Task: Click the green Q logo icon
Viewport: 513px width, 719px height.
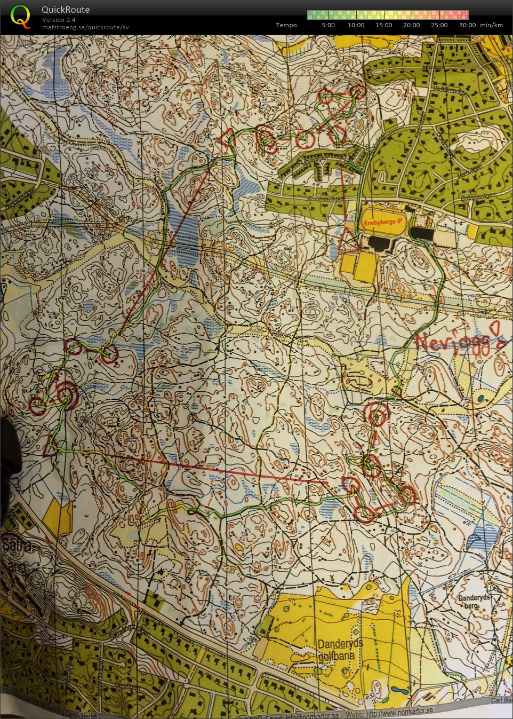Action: point(20,16)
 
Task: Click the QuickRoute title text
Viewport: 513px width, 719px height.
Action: point(66,10)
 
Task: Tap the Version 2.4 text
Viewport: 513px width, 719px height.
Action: point(59,20)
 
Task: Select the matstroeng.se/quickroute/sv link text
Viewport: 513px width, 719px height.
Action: point(85,27)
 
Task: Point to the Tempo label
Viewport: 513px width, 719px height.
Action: point(286,25)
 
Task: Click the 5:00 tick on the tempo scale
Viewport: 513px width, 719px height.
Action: point(328,25)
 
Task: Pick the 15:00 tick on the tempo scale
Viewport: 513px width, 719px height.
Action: point(384,25)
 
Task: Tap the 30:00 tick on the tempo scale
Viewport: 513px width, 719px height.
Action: point(467,25)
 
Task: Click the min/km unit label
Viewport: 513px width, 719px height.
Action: point(491,25)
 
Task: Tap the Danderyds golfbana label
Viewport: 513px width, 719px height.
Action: point(340,649)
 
